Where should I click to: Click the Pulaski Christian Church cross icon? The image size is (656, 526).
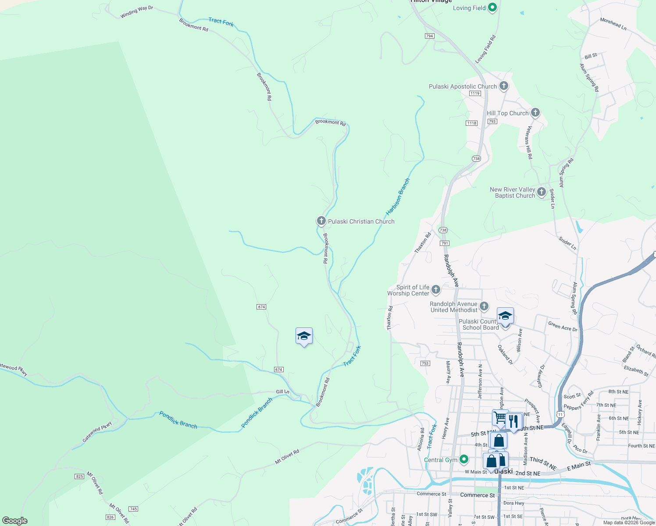321,221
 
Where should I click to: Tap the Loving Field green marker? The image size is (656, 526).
492,7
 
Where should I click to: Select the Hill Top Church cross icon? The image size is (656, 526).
535,113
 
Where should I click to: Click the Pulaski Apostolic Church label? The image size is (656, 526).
463,87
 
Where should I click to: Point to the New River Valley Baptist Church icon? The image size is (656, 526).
542,192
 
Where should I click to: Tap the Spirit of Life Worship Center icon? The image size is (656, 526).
436,289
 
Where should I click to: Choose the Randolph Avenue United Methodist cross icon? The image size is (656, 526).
484,306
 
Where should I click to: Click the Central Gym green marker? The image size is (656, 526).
464,459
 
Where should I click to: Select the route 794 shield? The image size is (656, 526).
429,36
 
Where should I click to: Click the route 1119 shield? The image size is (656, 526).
475,93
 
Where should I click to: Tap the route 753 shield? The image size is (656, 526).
425,363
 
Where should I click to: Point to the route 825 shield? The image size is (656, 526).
79,476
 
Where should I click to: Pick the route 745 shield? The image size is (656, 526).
133,509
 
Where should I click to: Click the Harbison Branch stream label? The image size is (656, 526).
398,197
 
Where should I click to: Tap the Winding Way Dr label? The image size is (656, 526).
137,12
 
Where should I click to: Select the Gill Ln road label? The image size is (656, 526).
282,392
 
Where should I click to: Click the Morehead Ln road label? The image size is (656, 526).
613,24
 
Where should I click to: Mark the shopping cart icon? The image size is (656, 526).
500,417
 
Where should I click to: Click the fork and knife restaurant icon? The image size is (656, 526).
513,421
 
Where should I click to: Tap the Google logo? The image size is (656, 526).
15,521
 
